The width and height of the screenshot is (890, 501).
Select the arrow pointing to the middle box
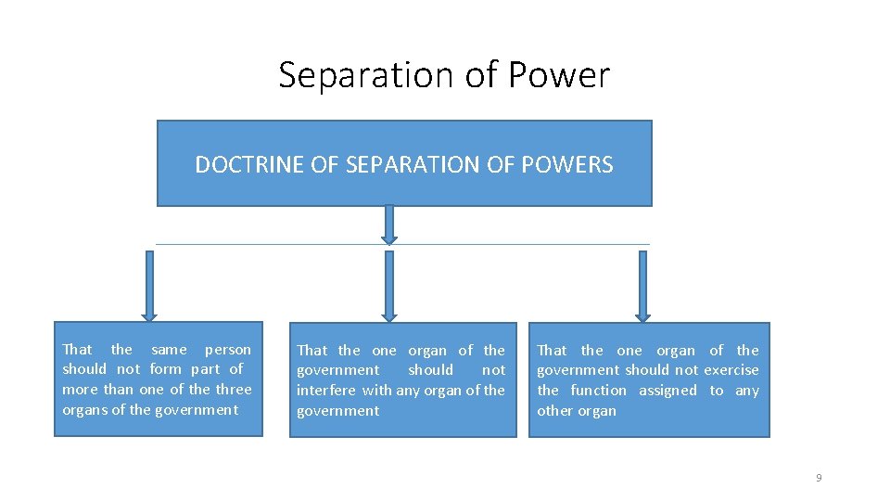coord(389,286)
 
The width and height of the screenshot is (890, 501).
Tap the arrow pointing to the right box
coord(643,286)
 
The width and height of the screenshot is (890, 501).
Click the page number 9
coord(819,478)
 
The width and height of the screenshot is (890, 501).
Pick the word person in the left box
coord(228,350)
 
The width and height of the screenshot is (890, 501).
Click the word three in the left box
coord(234,390)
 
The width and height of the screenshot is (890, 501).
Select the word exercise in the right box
coord(731,370)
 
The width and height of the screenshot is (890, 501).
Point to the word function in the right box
coord(599,391)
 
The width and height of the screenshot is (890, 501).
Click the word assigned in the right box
coord(667,391)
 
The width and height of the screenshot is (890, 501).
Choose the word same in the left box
coord(169,350)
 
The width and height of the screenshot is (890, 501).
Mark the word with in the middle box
coord(377,391)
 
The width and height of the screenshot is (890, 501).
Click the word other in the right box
coord(554,411)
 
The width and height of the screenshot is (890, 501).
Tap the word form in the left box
coord(165,369)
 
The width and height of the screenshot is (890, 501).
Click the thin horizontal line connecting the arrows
coord(278,244)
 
